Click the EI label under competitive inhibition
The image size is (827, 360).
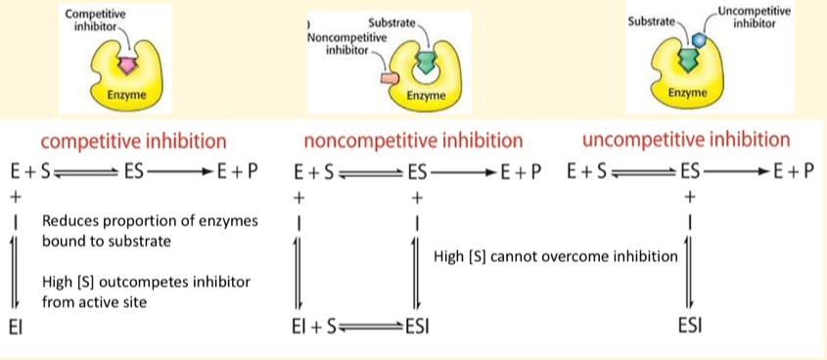coord(15,328)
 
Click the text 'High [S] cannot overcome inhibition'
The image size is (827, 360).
coord(555,257)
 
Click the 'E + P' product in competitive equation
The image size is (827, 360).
coord(239,172)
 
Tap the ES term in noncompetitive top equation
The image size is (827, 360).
coord(416,172)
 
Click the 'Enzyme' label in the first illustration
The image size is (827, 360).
coord(126,94)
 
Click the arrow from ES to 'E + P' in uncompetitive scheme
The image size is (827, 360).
coord(737,172)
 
